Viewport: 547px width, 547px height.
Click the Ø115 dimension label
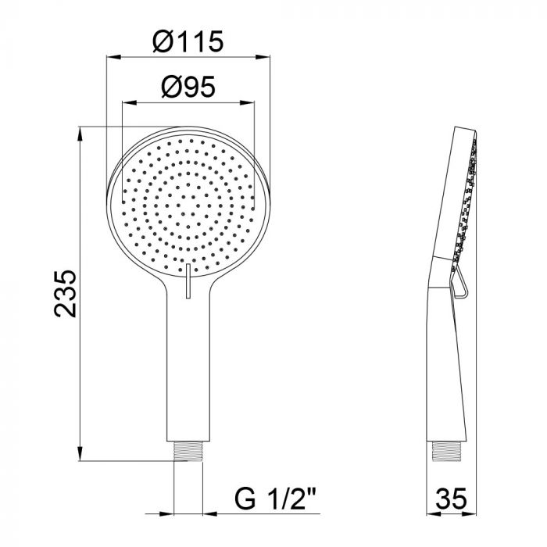188,41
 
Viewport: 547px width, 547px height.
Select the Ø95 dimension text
188,88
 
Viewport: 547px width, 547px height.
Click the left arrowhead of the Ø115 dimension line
109,57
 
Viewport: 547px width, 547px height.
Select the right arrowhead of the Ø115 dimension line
266,57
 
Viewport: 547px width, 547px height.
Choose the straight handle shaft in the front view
188,367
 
